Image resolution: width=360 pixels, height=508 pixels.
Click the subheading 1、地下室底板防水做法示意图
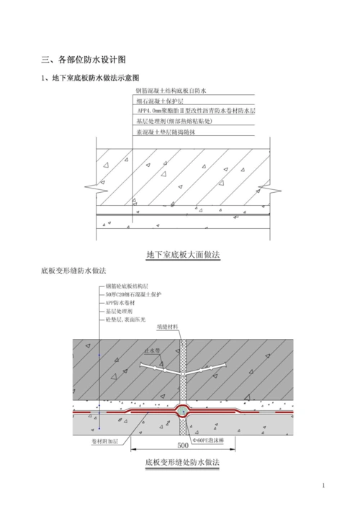pos(89,78)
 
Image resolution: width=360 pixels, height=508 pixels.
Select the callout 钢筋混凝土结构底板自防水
pos(171,91)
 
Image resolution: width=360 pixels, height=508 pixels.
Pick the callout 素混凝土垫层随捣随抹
pos(166,132)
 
